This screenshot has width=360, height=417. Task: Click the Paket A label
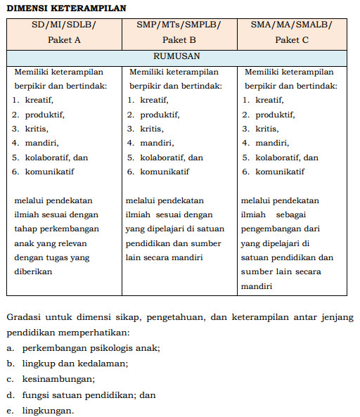pyautogui.click(x=64, y=39)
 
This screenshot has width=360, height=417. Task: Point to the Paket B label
pyautogui.click(x=179, y=39)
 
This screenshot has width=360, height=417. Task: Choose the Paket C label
pyautogui.click(x=291, y=39)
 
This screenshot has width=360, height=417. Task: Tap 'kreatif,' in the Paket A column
pyautogui.click(x=39, y=100)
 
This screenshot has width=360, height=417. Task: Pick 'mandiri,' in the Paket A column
pyautogui.click(x=41, y=143)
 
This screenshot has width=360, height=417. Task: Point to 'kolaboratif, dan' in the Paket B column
pyautogui.click(x=172, y=158)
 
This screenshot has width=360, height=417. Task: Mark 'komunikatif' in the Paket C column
pyautogui.click(x=280, y=172)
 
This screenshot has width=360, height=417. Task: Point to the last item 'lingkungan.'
pyautogui.click(x=48, y=410)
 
